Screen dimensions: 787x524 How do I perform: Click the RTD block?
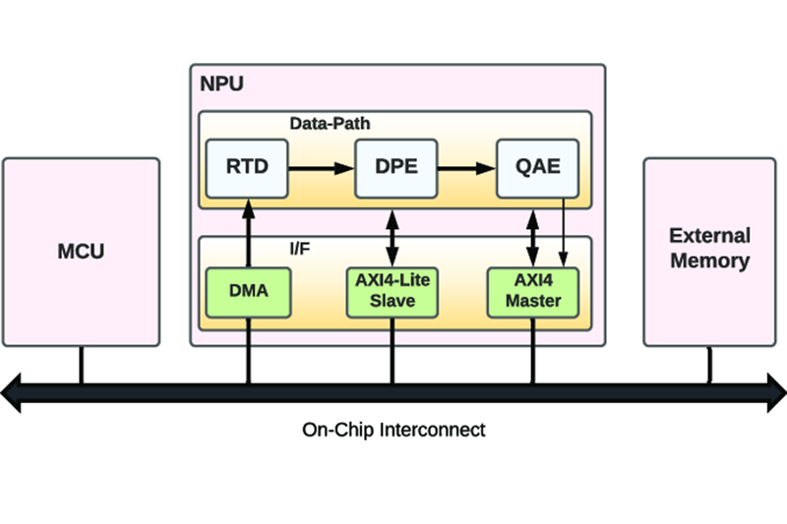tap(247, 168)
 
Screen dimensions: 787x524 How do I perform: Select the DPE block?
tap(396, 168)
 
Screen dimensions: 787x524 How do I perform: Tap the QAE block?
tap(537, 168)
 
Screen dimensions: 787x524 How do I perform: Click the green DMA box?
tap(249, 293)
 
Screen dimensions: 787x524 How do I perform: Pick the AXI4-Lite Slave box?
tap(392, 293)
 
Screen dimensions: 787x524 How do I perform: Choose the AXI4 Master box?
tap(533, 293)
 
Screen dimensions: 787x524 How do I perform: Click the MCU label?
tap(81, 252)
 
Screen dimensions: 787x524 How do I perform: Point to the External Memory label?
tap(709, 248)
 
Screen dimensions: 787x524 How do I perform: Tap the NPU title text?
tap(222, 84)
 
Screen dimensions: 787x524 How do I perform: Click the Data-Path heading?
tap(330, 123)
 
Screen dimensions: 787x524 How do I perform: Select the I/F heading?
tap(300, 248)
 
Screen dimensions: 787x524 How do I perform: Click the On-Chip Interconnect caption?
tap(393, 431)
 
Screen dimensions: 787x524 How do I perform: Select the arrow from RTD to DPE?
tap(322, 168)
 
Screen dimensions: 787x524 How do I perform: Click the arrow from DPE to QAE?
tap(466, 168)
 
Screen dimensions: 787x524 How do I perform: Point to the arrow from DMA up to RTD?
tap(248, 233)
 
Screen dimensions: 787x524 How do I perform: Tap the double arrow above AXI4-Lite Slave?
tap(392, 238)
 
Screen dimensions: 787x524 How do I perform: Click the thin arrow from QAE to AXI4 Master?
tap(563, 233)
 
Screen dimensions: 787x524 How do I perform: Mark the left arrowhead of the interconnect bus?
tap(11, 392)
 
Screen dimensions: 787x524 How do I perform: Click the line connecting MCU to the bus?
tap(82, 365)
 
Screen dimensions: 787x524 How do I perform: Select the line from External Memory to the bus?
tap(709, 365)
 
